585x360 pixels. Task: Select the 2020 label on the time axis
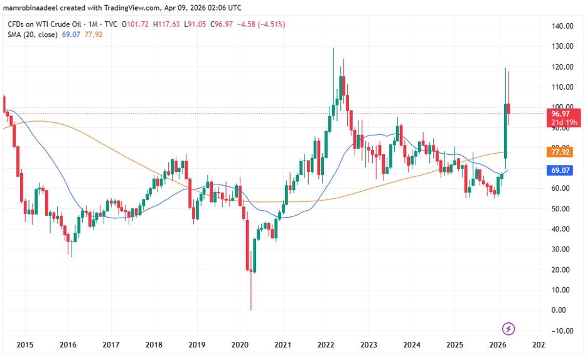pos(240,345)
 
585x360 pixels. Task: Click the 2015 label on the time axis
pos(25,345)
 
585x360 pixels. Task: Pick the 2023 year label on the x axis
pos(368,345)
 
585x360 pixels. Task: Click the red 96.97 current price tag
pos(560,114)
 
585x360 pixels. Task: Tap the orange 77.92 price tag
pos(560,152)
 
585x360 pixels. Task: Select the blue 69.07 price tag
pos(560,170)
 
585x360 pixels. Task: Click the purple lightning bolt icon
pos(509,328)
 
